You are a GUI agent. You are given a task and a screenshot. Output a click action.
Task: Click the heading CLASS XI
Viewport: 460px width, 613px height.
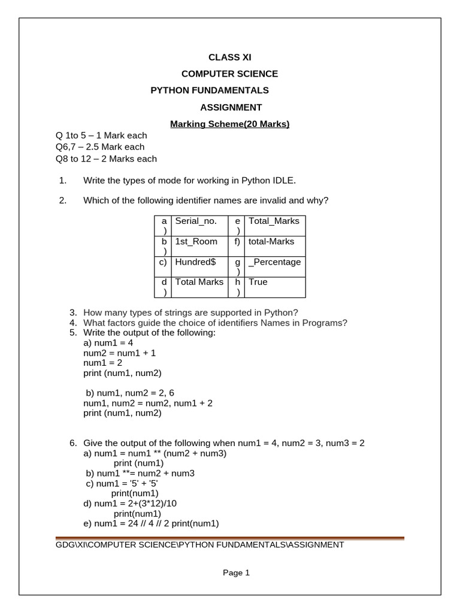230,57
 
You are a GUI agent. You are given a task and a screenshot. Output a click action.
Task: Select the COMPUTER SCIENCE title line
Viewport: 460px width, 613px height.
230,74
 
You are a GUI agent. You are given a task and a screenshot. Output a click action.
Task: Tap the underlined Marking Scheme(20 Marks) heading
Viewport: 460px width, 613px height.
230,124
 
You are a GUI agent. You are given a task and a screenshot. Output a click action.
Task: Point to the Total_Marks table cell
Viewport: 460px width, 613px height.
274,221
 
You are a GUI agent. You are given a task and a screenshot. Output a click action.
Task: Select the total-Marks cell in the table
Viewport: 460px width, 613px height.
272,242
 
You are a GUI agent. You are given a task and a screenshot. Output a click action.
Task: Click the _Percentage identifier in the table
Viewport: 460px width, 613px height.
275,262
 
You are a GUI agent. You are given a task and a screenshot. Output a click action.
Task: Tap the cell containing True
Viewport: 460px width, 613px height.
258,282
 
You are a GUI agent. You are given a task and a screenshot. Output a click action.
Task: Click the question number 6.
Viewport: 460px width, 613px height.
73,443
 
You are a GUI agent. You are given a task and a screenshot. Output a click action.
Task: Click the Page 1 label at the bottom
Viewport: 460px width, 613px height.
236,573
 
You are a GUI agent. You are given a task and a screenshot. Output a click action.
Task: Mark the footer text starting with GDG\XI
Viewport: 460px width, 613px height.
199,545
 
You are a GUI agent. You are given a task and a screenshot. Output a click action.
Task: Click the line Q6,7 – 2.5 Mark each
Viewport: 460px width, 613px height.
100,147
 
